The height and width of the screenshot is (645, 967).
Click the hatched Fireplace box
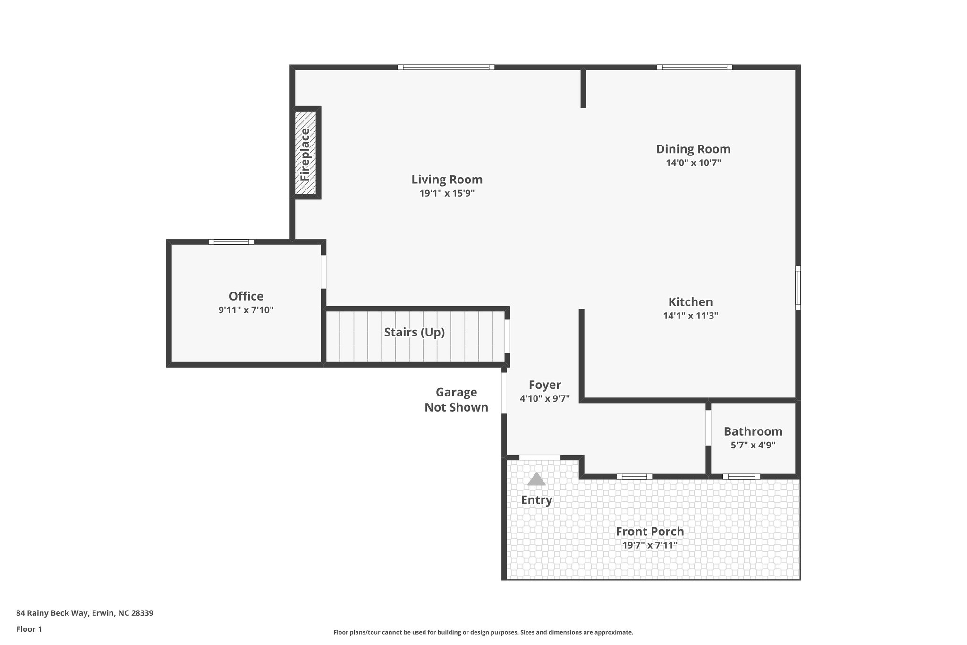tap(305, 153)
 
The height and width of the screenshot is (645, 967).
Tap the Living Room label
tap(447, 180)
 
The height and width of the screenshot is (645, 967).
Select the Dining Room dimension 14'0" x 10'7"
tap(693, 163)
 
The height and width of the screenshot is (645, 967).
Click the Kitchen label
tap(690, 302)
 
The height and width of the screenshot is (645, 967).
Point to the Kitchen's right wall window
tap(797, 288)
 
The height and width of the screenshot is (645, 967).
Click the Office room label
tap(246, 296)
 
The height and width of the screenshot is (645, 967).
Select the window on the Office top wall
tap(231, 242)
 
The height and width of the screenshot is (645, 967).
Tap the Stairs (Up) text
tap(414, 332)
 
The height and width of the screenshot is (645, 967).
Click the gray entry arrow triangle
tap(536, 479)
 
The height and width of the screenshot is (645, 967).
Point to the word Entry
tap(536, 500)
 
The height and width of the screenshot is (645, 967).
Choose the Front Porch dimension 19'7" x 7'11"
tap(650, 545)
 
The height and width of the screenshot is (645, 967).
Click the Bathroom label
tap(753, 431)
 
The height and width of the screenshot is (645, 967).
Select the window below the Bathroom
tap(741, 476)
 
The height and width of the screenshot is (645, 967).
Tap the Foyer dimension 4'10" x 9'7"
tap(544, 398)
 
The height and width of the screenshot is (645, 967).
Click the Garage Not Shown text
tap(456, 400)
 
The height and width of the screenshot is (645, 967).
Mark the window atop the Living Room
tap(446, 67)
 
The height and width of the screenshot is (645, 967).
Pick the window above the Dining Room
tap(694, 67)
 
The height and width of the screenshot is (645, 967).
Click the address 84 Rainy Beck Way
tap(85, 613)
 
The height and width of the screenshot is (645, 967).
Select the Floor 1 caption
tap(29, 629)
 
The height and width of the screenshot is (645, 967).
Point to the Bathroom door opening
tap(708, 428)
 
